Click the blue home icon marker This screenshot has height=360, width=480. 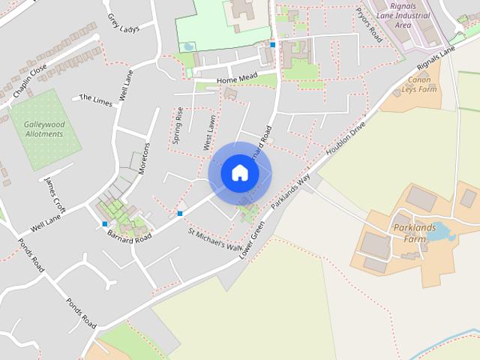(x=239, y=172)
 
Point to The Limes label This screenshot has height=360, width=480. (x=95, y=99)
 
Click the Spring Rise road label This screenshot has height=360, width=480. (x=178, y=124)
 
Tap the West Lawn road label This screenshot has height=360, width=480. (x=209, y=132)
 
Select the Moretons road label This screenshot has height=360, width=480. (x=145, y=157)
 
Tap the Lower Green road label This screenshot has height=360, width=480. (x=252, y=239)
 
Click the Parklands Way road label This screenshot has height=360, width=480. (x=291, y=191)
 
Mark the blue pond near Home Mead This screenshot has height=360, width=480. (x=187, y=46)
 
